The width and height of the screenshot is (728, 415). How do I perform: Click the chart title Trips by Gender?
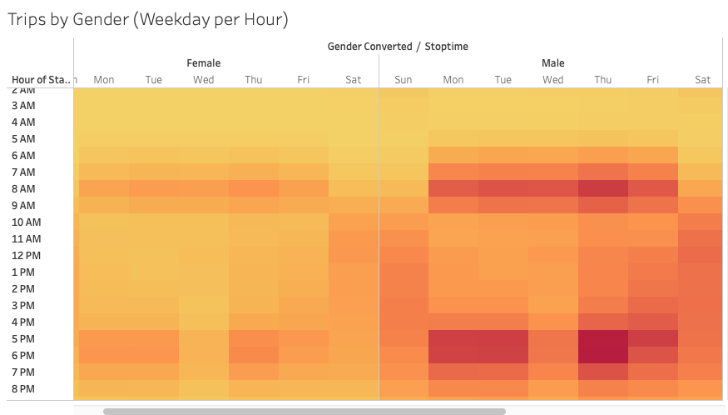coord(147,19)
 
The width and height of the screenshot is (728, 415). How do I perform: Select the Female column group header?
coord(204,63)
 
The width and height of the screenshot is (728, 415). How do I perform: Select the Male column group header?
coord(552,63)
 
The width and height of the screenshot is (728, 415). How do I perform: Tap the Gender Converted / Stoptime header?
coord(398,47)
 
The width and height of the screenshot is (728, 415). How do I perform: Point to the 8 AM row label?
coord(23,189)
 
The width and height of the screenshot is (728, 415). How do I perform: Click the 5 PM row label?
coord(23,339)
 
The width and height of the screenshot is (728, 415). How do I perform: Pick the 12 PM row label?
coord(25,256)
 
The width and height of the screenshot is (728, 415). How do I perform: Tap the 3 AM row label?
coord(23,106)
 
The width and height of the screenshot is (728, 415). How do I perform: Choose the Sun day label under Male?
coord(404,80)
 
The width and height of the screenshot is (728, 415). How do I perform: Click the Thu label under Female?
coord(254,80)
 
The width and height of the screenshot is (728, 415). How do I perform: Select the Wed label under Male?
coord(553,80)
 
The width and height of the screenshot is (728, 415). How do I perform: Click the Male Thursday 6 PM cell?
coord(603,356)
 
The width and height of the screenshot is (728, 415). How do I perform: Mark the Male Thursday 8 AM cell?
coord(603,189)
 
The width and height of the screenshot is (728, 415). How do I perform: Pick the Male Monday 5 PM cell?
coord(453,339)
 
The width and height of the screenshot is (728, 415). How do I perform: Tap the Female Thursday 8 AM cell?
coord(254,189)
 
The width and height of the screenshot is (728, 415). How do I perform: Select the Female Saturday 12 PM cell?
coord(354,256)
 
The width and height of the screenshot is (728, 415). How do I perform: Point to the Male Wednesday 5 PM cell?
coord(553,339)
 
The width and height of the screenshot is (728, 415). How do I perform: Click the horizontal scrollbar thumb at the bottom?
coord(304,411)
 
